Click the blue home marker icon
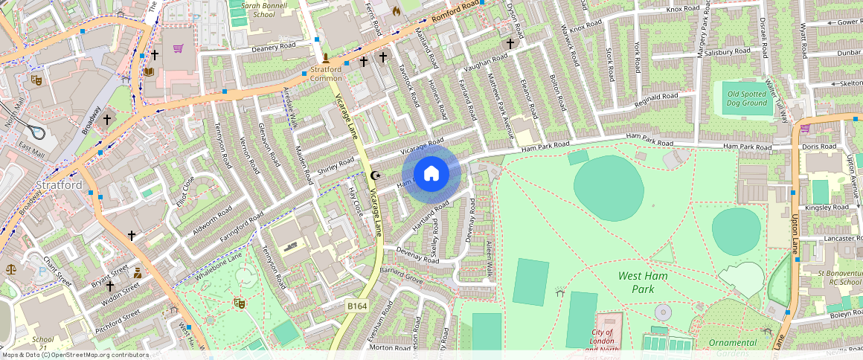tap(431, 174)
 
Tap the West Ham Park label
tap(643, 282)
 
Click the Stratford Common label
tap(326, 74)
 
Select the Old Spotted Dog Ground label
tap(746, 98)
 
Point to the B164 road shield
tap(357, 306)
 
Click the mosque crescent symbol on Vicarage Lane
tap(374, 176)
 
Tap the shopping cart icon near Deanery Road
tap(178, 49)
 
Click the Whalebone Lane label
tap(219, 267)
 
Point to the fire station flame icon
tap(396, 11)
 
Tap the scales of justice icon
tap(11, 269)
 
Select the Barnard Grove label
tap(402, 274)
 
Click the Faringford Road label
tap(242, 229)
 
